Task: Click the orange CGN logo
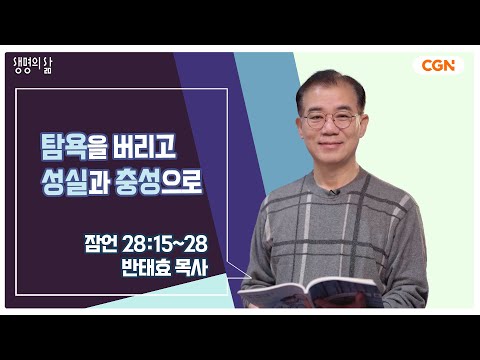point(438,66)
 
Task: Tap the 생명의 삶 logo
point(33,66)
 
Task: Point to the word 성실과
point(75,182)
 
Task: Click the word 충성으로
point(158,182)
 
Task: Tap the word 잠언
point(101,244)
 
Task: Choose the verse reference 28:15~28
point(165,244)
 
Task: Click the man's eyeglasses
point(331,120)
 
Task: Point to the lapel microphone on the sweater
point(333,192)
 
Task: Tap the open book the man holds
point(311,293)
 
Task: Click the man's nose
point(329,129)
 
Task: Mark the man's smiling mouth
point(330,145)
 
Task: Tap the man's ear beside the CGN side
point(363,126)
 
